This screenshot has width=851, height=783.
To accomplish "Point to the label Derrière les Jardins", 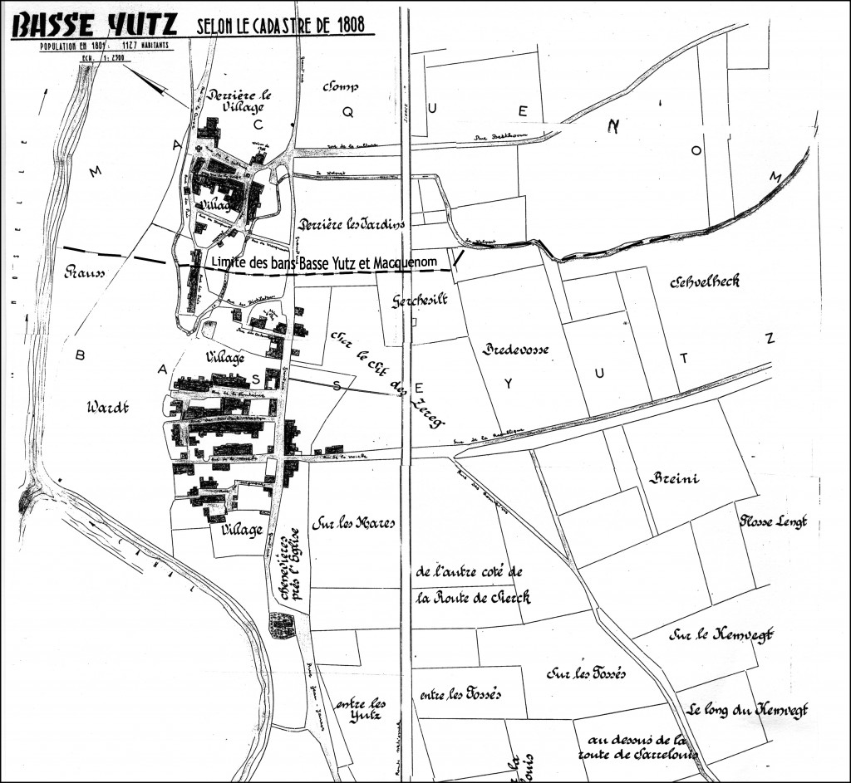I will click(351, 224).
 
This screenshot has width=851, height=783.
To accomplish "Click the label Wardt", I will click(109, 408).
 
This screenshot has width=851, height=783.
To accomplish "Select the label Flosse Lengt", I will click(774, 521).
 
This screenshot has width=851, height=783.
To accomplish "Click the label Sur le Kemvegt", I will click(720, 634).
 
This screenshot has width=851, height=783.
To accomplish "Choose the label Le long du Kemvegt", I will click(747, 710).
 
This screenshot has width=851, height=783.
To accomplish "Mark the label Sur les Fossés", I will click(585, 672).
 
